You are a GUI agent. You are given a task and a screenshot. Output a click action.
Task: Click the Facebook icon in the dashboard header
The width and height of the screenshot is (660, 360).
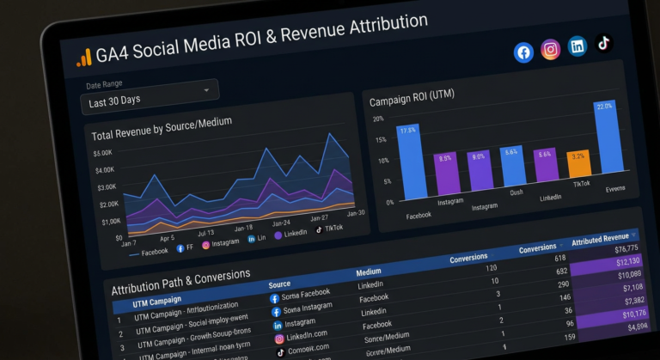click(x=523, y=52)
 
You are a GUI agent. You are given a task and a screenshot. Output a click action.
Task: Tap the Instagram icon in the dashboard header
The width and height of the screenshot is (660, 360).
click(x=551, y=50)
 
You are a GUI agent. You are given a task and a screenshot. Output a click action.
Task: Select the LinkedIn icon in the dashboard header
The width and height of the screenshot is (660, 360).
click(x=577, y=46)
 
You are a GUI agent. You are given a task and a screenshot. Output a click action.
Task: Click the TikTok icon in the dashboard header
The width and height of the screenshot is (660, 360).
click(x=603, y=43)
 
